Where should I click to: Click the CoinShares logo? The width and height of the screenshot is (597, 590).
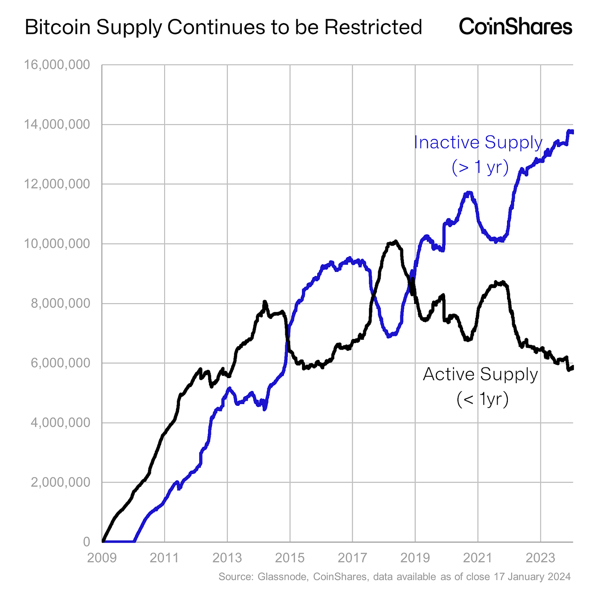[515, 26]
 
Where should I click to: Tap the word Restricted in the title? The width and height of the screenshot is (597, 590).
[373, 27]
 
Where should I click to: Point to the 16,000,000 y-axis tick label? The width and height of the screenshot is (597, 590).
[57, 65]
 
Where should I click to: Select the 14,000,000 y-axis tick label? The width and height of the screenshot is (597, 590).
[57, 125]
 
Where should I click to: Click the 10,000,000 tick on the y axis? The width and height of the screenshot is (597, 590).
[57, 244]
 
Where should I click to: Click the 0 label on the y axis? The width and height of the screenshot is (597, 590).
[87, 542]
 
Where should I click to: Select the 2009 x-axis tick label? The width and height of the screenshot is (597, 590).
[101, 558]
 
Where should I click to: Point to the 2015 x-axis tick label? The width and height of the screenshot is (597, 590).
[290, 558]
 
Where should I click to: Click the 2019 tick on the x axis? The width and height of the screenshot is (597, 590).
[415, 558]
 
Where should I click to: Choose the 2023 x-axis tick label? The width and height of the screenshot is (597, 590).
[540, 558]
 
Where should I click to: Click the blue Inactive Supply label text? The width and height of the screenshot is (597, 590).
[478, 143]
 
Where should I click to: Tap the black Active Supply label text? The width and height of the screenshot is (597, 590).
[480, 375]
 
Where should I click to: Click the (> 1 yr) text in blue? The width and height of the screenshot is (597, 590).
[480, 168]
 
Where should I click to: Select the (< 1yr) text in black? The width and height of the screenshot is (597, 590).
[482, 400]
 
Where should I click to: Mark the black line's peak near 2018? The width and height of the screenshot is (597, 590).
[395, 242]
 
